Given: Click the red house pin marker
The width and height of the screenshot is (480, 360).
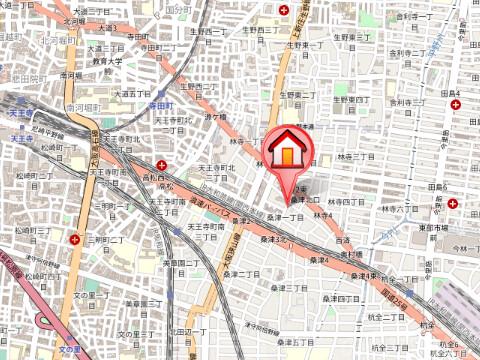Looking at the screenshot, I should pyautogui.click(x=287, y=153).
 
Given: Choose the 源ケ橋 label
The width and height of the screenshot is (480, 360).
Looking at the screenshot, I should pyautogui.click(x=216, y=117).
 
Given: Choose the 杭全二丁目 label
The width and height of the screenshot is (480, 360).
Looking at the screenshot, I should pyautogui.click(x=386, y=317).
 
